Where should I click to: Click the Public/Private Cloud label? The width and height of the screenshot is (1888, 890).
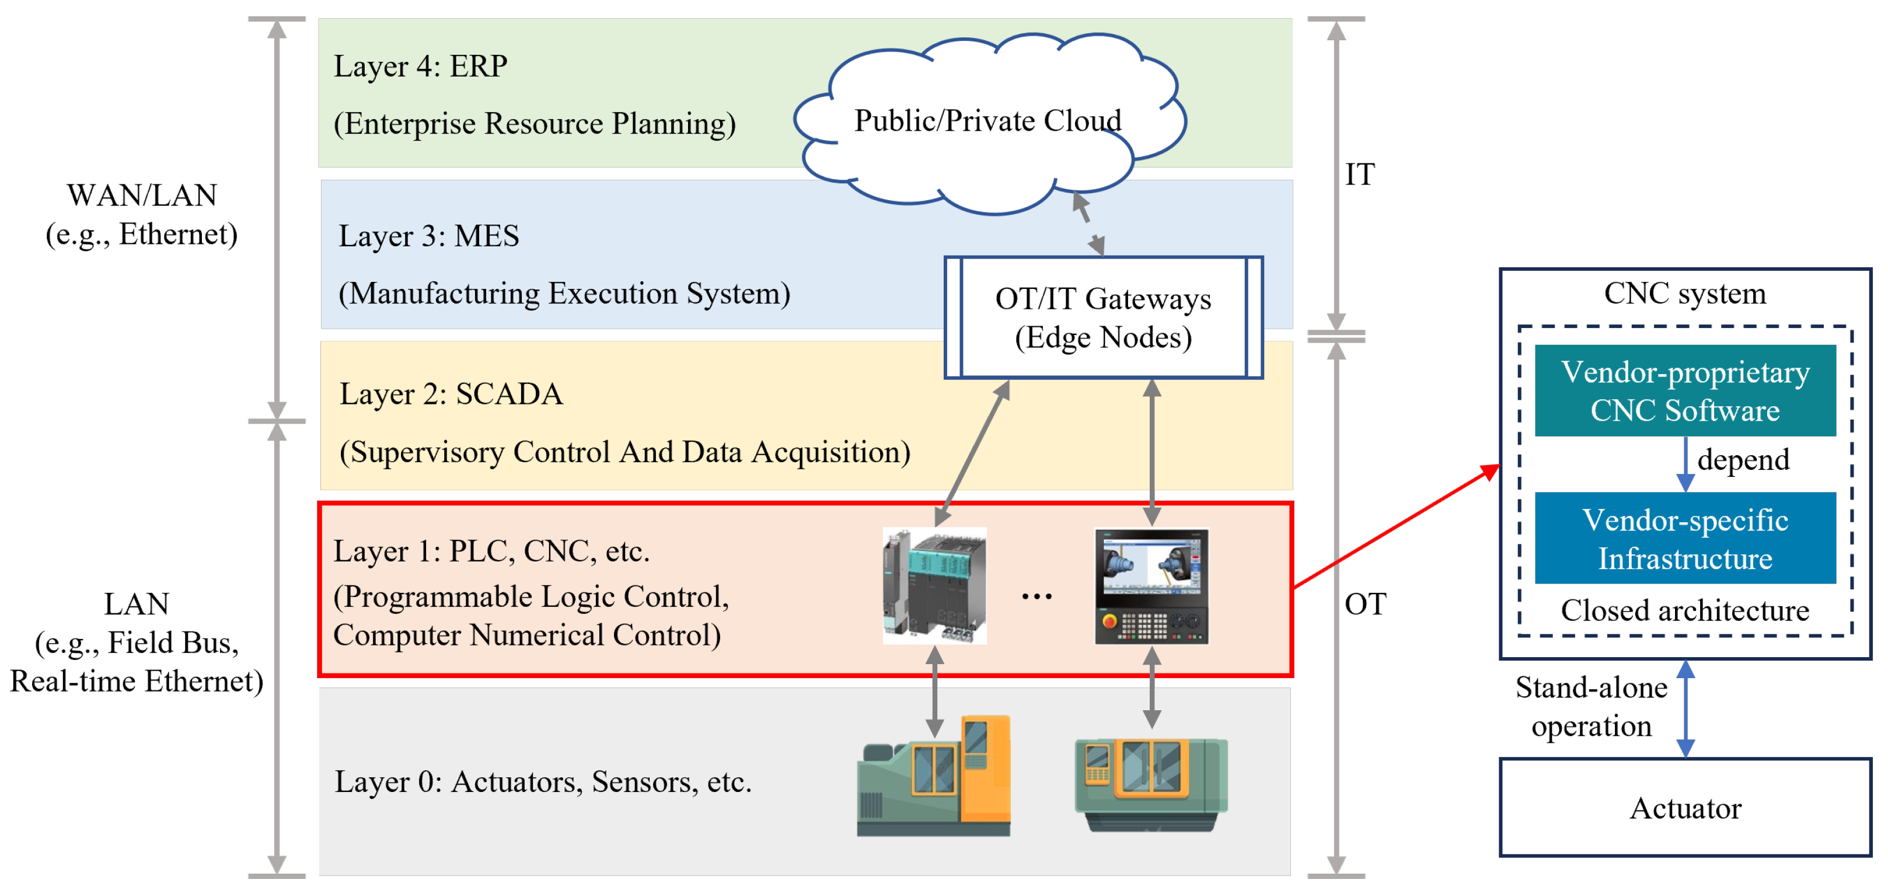pyautogui.click(x=987, y=121)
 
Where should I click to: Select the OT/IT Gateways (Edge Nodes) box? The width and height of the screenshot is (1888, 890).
pyautogui.click(x=1103, y=317)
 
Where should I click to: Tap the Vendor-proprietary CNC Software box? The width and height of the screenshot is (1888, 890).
pyautogui.click(x=1684, y=391)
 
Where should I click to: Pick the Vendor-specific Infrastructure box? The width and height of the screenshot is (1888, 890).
pyautogui.click(x=1684, y=538)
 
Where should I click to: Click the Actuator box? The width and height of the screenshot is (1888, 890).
pyautogui.click(x=1685, y=807)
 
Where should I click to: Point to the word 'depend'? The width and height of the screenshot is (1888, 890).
pyautogui.click(x=1743, y=460)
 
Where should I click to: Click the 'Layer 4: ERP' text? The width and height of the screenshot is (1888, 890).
pyautogui.click(x=420, y=67)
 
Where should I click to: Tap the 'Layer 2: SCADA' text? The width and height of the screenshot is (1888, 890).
pyautogui.click(x=451, y=395)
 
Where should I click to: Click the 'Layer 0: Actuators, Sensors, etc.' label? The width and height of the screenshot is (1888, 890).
pyautogui.click(x=543, y=782)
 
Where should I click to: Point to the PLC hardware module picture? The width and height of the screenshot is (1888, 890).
pyautogui.click(x=934, y=586)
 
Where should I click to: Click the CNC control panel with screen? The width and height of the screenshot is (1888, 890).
pyautogui.click(x=1151, y=587)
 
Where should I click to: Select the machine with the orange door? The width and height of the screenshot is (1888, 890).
pyautogui.click(x=934, y=776)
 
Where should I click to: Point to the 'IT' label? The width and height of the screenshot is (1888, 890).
pyautogui.click(x=1360, y=175)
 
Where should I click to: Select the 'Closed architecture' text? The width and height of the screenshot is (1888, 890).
pyautogui.click(x=1684, y=610)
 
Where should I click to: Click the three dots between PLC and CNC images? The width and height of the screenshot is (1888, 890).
pyautogui.click(x=1037, y=597)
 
